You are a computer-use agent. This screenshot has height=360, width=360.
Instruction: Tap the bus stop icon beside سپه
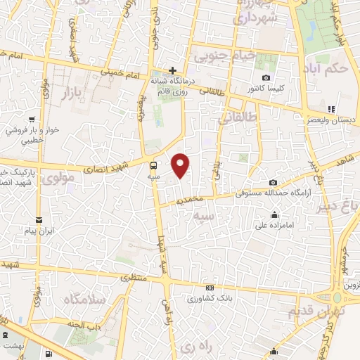pos(153,165)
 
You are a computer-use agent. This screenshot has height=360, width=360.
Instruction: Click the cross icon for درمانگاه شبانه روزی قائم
pos(173,70)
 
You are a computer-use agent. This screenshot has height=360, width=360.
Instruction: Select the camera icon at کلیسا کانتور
pos(266,77)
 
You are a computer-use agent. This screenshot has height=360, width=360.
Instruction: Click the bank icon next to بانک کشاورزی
pos(209,288)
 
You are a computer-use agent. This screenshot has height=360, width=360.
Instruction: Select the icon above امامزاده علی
pos(274,214)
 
